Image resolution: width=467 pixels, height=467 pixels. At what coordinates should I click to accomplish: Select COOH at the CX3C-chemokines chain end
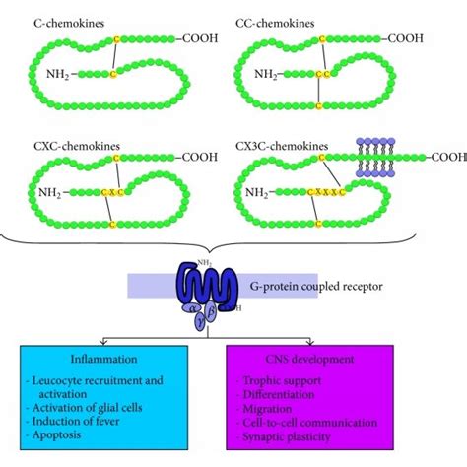[x=447, y=155]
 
